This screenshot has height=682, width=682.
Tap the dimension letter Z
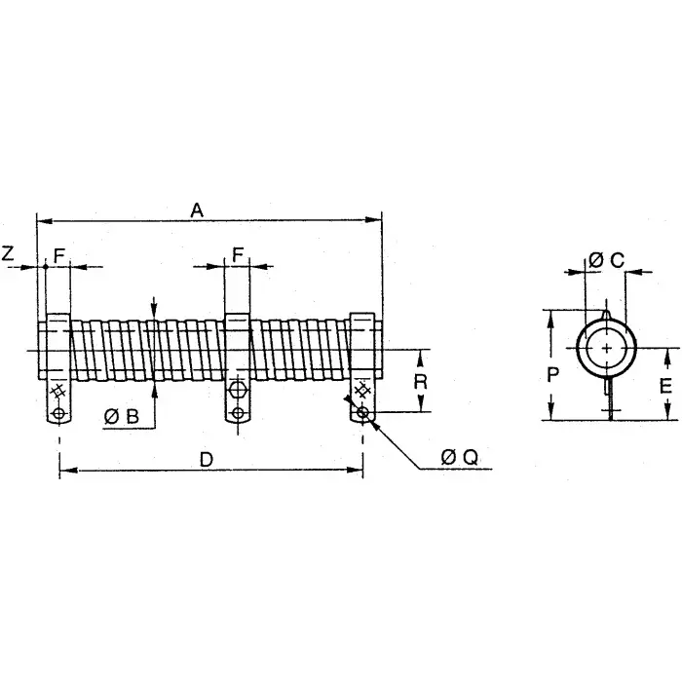(x=8, y=254)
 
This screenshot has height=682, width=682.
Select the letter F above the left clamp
(x=59, y=255)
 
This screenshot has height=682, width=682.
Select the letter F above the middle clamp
(x=239, y=255)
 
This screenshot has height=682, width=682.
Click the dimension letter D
(x=206, y=460)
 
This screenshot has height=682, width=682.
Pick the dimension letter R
(x=420, y=381)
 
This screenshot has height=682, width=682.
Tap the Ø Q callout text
(x=459, y=456)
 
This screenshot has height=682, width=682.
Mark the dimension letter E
(x=664, y=385)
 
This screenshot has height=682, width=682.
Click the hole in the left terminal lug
(x=60, y=414)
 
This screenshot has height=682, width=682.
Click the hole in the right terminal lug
(x=362, y=414)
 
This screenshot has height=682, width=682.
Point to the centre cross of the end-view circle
(x=607, y=349)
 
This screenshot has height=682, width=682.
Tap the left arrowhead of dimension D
(x=65, y=472)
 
